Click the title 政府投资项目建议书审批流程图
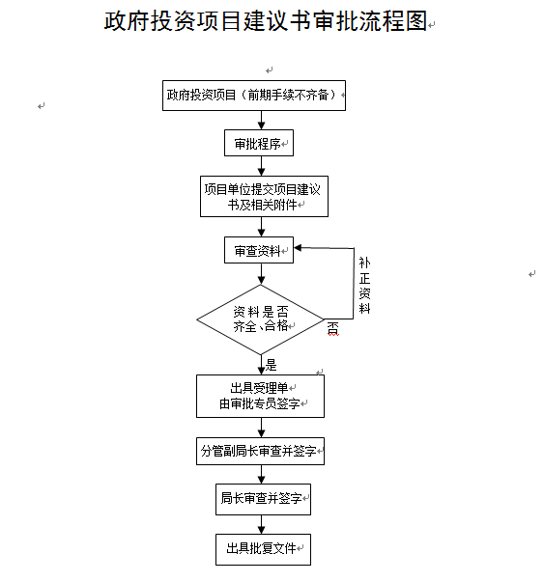coord(267,22)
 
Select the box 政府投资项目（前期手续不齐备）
coord(254,96)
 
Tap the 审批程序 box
coord(258,144)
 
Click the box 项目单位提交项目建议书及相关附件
coord(260,196)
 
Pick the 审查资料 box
coord(259,250)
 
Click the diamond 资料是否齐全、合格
coord(260,319)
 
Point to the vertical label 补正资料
coord(364,285)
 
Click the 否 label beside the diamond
coord(332,329)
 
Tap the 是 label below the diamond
coord(272,365)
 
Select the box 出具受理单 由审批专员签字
coord(260,395)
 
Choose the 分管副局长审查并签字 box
coord(260,450)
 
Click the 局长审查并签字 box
coord(261,498)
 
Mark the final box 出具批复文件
coord(262,548)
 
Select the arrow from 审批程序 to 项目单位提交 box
coord(260,166)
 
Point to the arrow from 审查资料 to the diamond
coord(260,274)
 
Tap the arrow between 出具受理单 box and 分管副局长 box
coord(260,427)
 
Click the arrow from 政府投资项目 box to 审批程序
coord(260,120)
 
